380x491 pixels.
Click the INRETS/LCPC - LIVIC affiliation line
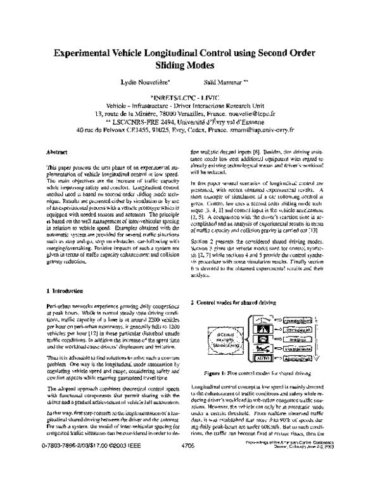click(190, 97)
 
